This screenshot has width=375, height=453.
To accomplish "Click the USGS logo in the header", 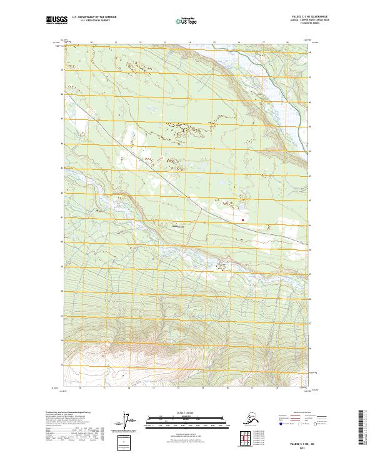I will coord(56,21).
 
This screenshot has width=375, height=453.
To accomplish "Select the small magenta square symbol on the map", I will coord(243,219).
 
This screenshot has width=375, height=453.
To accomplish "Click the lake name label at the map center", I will coord(178,227).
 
